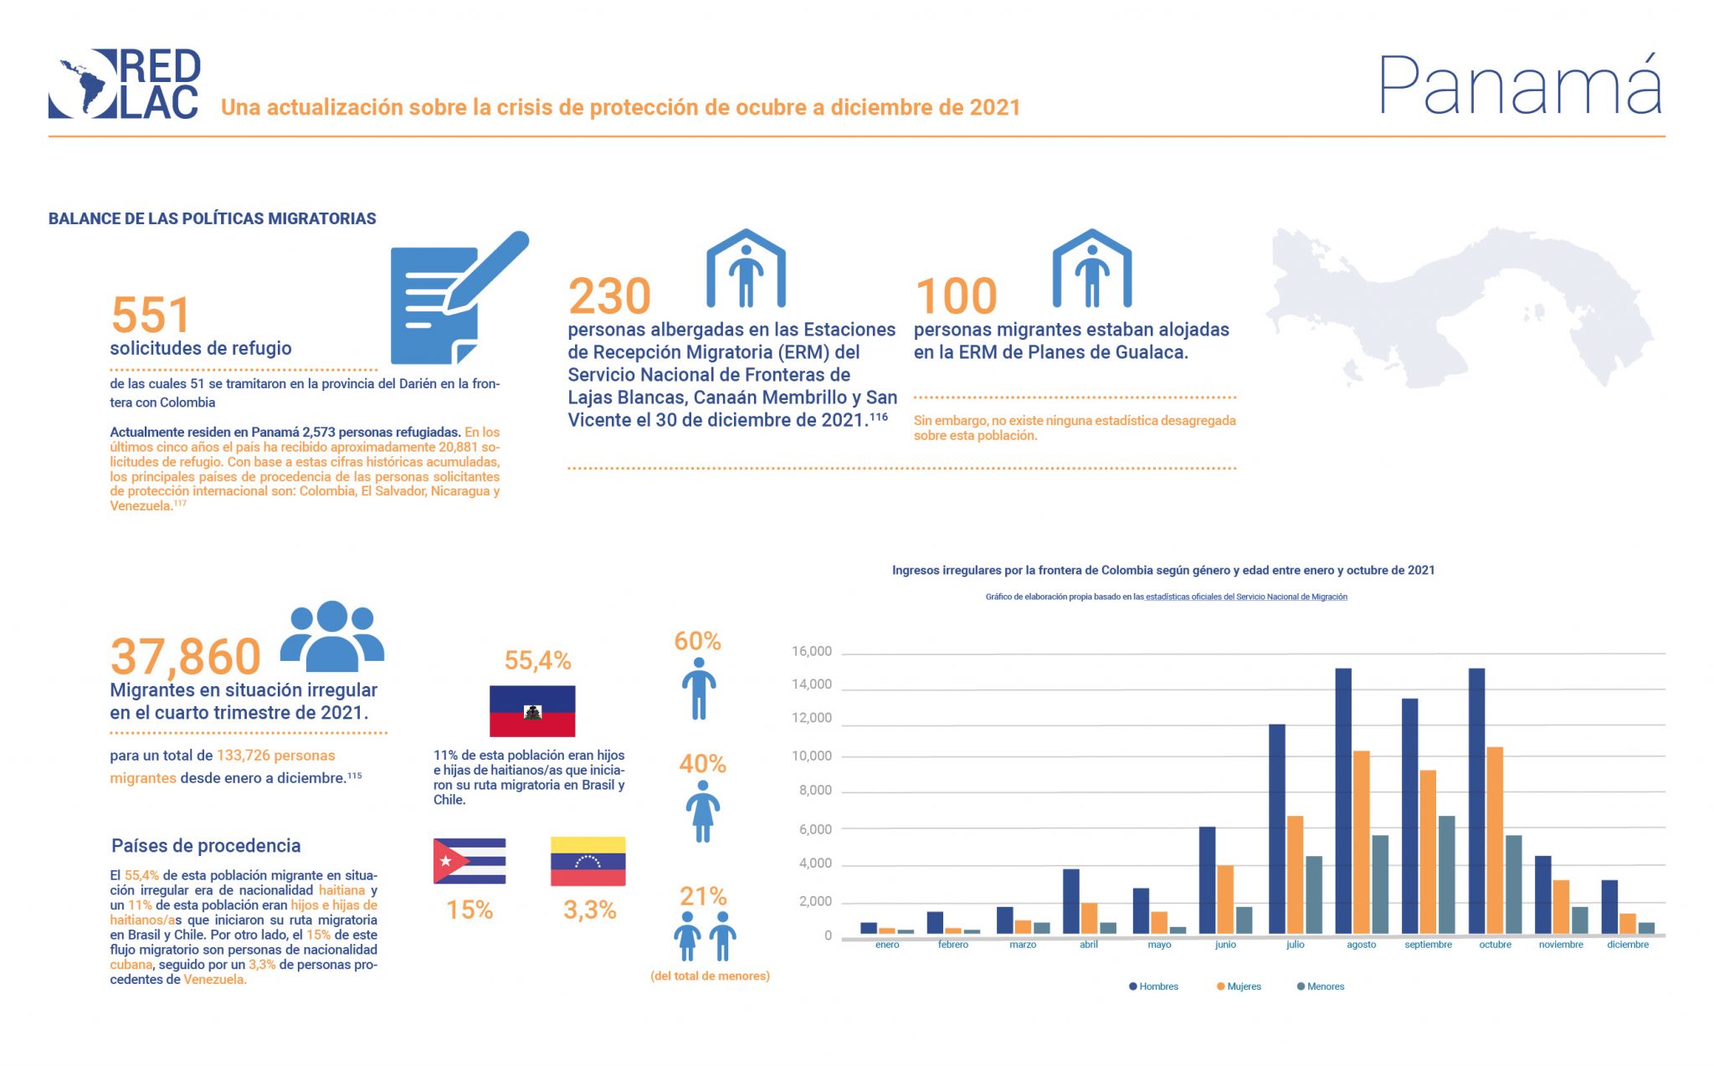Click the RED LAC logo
(124, 84)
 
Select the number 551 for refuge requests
(151, 315)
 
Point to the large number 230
(609, 296)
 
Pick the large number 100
(956, 296)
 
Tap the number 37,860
(186, 657)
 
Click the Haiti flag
(532, 711)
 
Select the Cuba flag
(470, 861)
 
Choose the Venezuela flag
(588, 861)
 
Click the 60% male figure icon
(699, 689)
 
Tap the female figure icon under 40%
(703, 812)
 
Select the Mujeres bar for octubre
(1495, 840)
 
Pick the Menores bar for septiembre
(1446, 874)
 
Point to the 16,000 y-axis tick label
(811, 652)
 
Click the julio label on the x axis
(1295, 945)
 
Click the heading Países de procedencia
(206, 846)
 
